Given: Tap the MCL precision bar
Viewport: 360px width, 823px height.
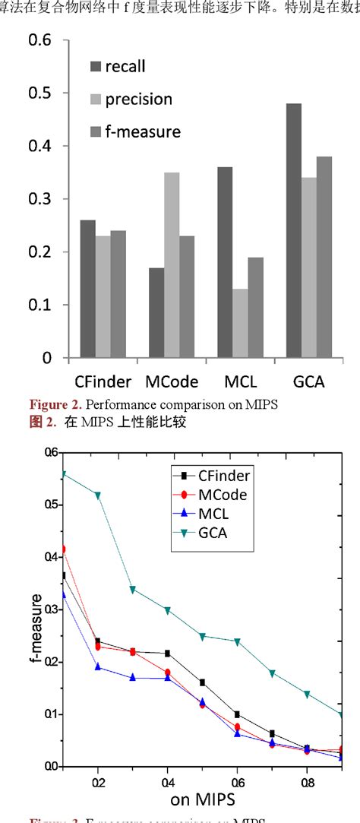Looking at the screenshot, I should click(240, 323).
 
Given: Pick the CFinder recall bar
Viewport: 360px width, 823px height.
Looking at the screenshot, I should click(87, 289).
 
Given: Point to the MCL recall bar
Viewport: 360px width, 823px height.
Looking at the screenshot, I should click(225, 262).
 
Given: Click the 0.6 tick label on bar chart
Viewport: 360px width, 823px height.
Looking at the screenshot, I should click(40, 40).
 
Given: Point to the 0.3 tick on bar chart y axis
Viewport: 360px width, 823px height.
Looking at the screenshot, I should click(40, 198).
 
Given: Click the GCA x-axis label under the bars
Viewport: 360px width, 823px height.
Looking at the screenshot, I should click(308, 380).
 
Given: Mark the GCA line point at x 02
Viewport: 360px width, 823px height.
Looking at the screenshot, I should click(97, 495).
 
